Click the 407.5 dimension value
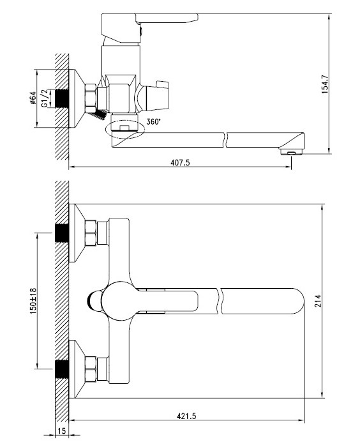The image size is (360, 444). (180, 162)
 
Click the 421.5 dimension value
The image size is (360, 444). (186, 416)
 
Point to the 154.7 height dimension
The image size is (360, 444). (325, 84)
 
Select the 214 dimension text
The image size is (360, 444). (318, 302)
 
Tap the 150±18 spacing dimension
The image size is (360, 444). (33, 302)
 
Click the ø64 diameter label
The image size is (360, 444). (33, 98)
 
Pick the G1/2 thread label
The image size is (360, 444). (45, 98)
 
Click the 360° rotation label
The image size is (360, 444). (153, 122)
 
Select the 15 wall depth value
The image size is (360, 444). (61, 431)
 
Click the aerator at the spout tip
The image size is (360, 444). (292, 152)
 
